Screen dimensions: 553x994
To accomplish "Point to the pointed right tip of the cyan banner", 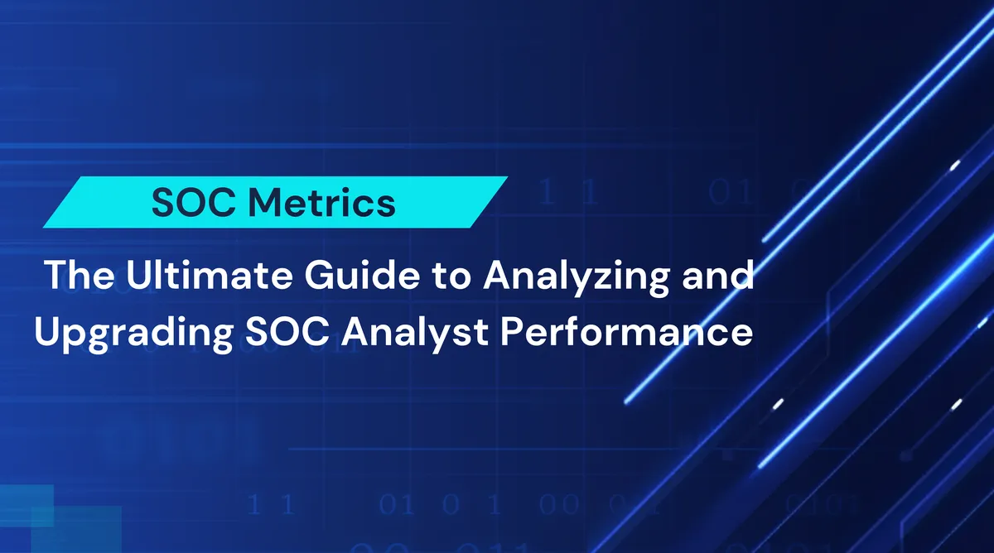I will tap(505, 178).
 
